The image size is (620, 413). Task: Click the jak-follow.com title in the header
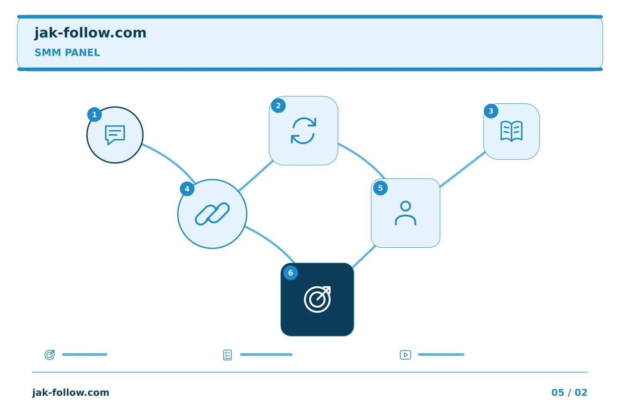[90, 33]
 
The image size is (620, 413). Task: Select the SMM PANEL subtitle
[67, 52]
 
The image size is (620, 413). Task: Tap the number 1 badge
[94, 114]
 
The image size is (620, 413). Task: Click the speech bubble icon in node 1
[115, 135]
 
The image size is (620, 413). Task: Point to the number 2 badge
[278, 106]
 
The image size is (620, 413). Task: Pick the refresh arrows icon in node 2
[304, 131]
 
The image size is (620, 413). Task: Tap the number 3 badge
[491, 111]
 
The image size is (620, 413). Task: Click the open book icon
[512, 131]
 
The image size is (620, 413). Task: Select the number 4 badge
[187, 189]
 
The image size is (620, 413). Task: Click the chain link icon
[212, 214]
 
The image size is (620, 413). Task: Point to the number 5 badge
[380, 188]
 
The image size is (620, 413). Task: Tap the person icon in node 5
[406, 213]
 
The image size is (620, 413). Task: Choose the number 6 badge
[290, 273]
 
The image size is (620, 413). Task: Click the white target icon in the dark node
[317, 299]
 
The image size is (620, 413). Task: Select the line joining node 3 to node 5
[462, 170]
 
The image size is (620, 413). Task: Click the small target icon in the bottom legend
[50, 354]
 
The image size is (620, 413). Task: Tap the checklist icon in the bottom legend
[227, 355]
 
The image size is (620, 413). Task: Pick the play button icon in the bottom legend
[405, 355]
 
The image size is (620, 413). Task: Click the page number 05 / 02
[569, 392]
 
